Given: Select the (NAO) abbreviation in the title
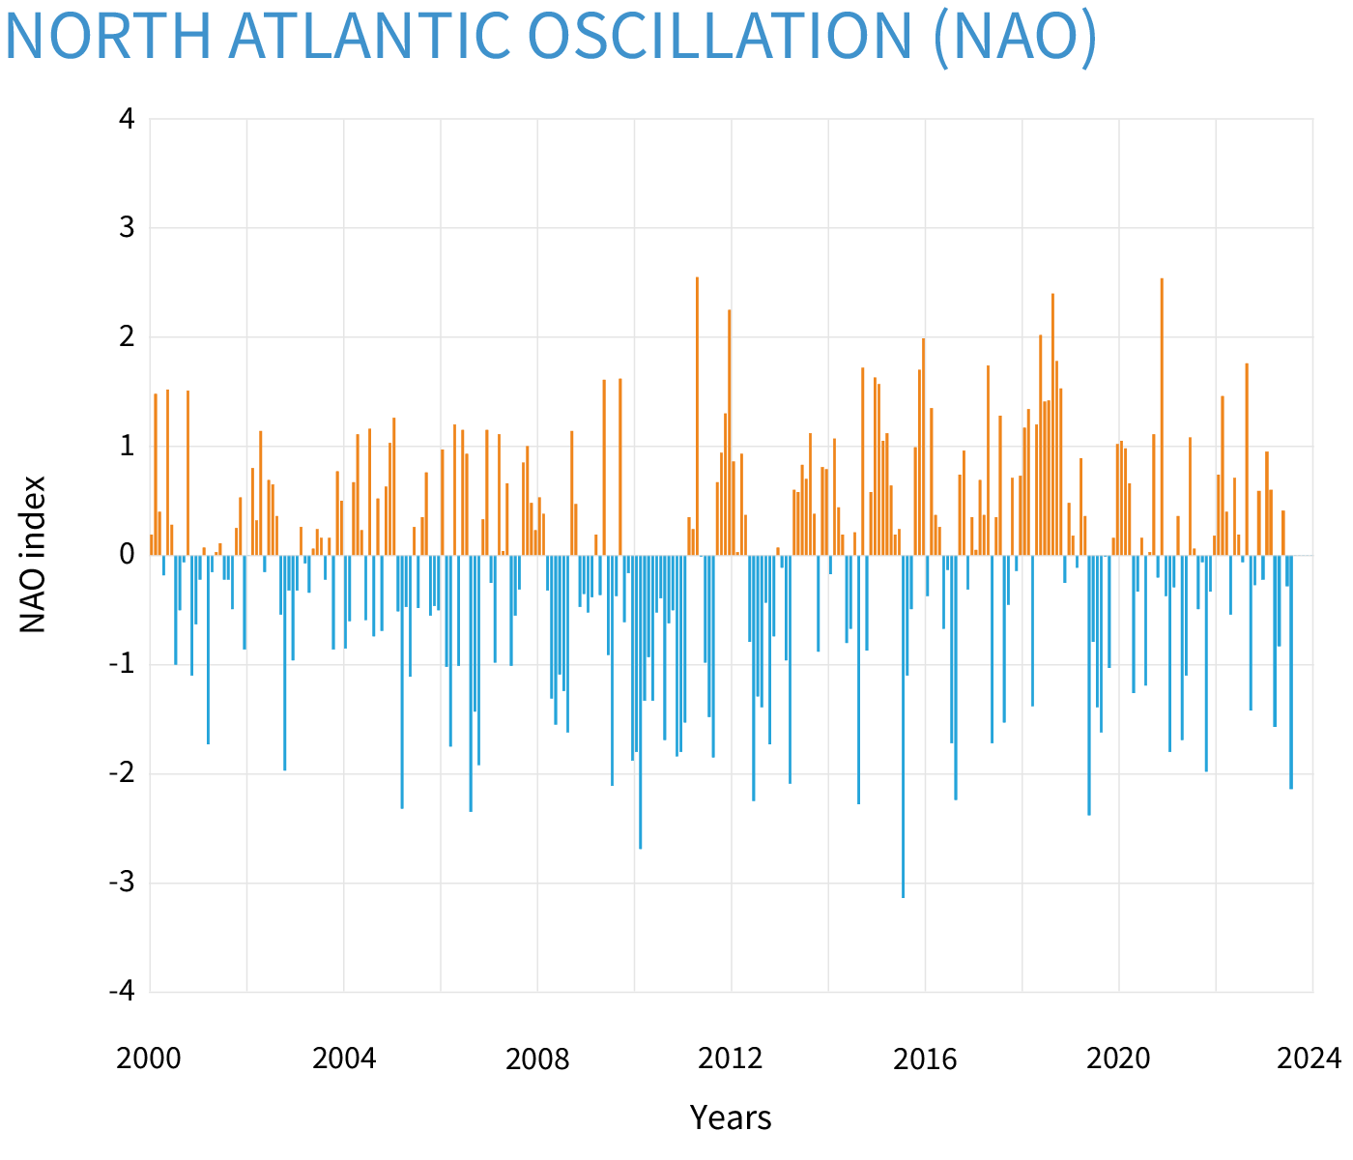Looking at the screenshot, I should (1014, 36).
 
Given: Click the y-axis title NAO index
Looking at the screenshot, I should (34, 554).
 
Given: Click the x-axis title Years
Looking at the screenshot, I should (731, 1117).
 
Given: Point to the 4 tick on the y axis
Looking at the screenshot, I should (128, 119).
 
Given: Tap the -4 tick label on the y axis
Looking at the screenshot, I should (122, 992).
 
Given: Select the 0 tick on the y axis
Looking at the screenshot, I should (128, 555).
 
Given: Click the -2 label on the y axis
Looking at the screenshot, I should (122, 773).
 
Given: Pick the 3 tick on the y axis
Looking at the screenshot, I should (128, 228).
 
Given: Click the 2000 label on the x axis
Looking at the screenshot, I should (149, 1058).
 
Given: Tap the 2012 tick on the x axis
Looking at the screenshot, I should (731, 1058).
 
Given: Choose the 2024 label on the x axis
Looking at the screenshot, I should (1310, 1058).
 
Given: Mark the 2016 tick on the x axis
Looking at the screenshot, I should (925, 1058).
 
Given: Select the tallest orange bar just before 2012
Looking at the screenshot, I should (697, 416).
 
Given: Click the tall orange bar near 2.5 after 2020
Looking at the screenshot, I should (1162, 416).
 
